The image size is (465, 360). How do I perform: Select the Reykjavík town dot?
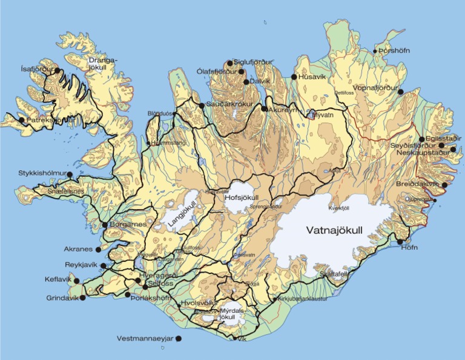pyautogui.click(x=104, y=265)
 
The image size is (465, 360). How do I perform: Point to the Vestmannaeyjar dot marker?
pyautogui.click(x=178, y=339)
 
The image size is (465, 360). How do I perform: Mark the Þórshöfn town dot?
pyautogui.click(x=375, y=52)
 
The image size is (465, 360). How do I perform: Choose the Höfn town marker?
pyautogui.click(x=400, y=242)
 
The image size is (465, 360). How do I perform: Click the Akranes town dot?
pyautogui.click(x=99, y=248)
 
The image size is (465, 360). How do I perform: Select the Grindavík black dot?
pyautogui.click(x=82, y=298)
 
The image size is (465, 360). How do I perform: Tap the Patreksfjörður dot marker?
pyautogui.click(x=22, y=120)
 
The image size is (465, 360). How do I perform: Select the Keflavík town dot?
pyautogui.click(x=76, y=281)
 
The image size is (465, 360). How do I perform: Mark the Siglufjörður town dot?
pyautogui.click(x=229, y=62)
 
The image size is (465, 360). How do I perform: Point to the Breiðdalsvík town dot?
pyautogui.click(x=445, y=185)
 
